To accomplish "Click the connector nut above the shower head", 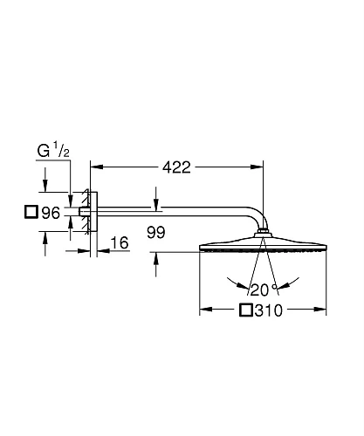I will [262, 234].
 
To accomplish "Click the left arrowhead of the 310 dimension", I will [205, 310].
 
